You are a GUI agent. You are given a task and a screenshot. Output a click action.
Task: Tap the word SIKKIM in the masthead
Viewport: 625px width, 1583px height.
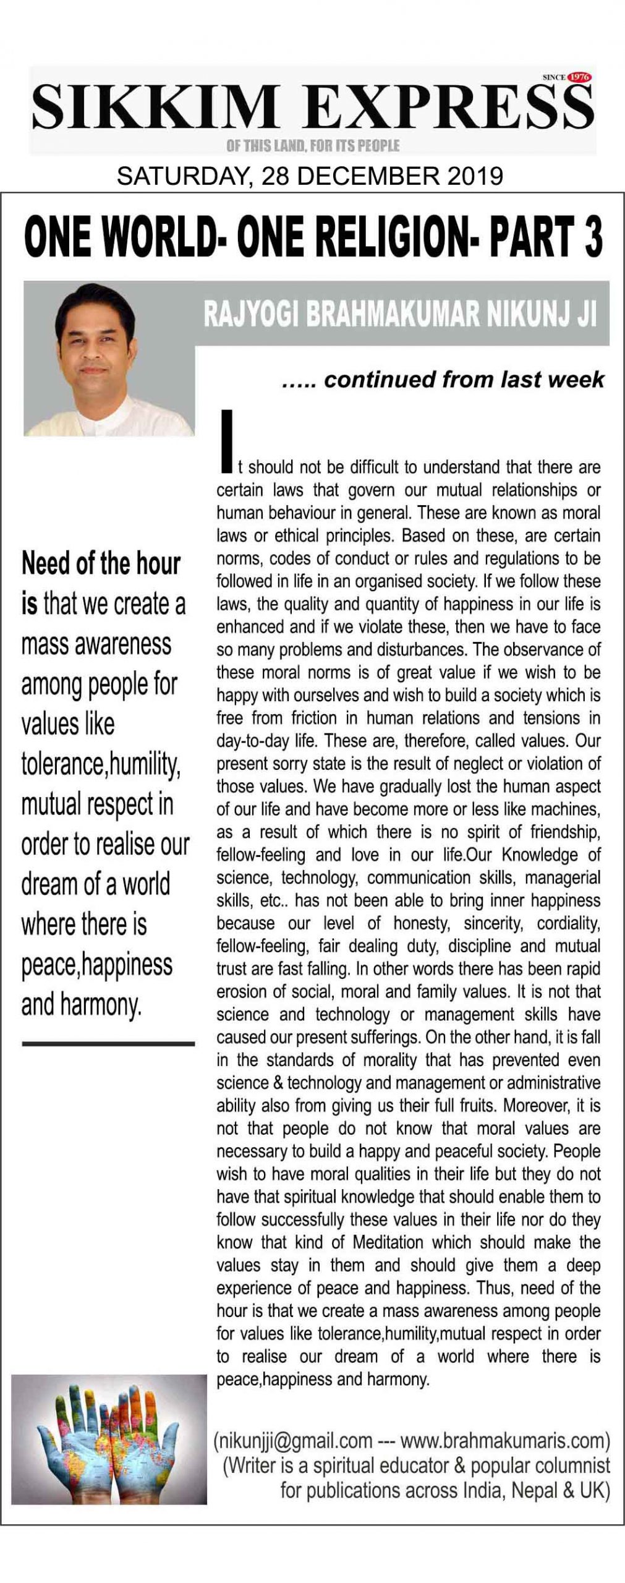tap(155, 108)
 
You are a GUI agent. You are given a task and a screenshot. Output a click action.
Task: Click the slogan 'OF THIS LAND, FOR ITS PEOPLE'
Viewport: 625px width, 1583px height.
tap(313, 146)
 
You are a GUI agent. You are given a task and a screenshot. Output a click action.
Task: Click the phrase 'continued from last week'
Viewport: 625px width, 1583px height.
tap(464, 379)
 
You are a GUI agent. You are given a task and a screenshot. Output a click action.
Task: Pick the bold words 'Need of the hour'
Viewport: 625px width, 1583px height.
tap(101, 564)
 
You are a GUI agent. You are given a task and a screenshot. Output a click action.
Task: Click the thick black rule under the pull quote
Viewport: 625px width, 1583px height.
tap(108, 1044)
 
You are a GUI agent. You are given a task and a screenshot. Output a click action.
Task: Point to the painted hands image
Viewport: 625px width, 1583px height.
tap(109, 1448)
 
